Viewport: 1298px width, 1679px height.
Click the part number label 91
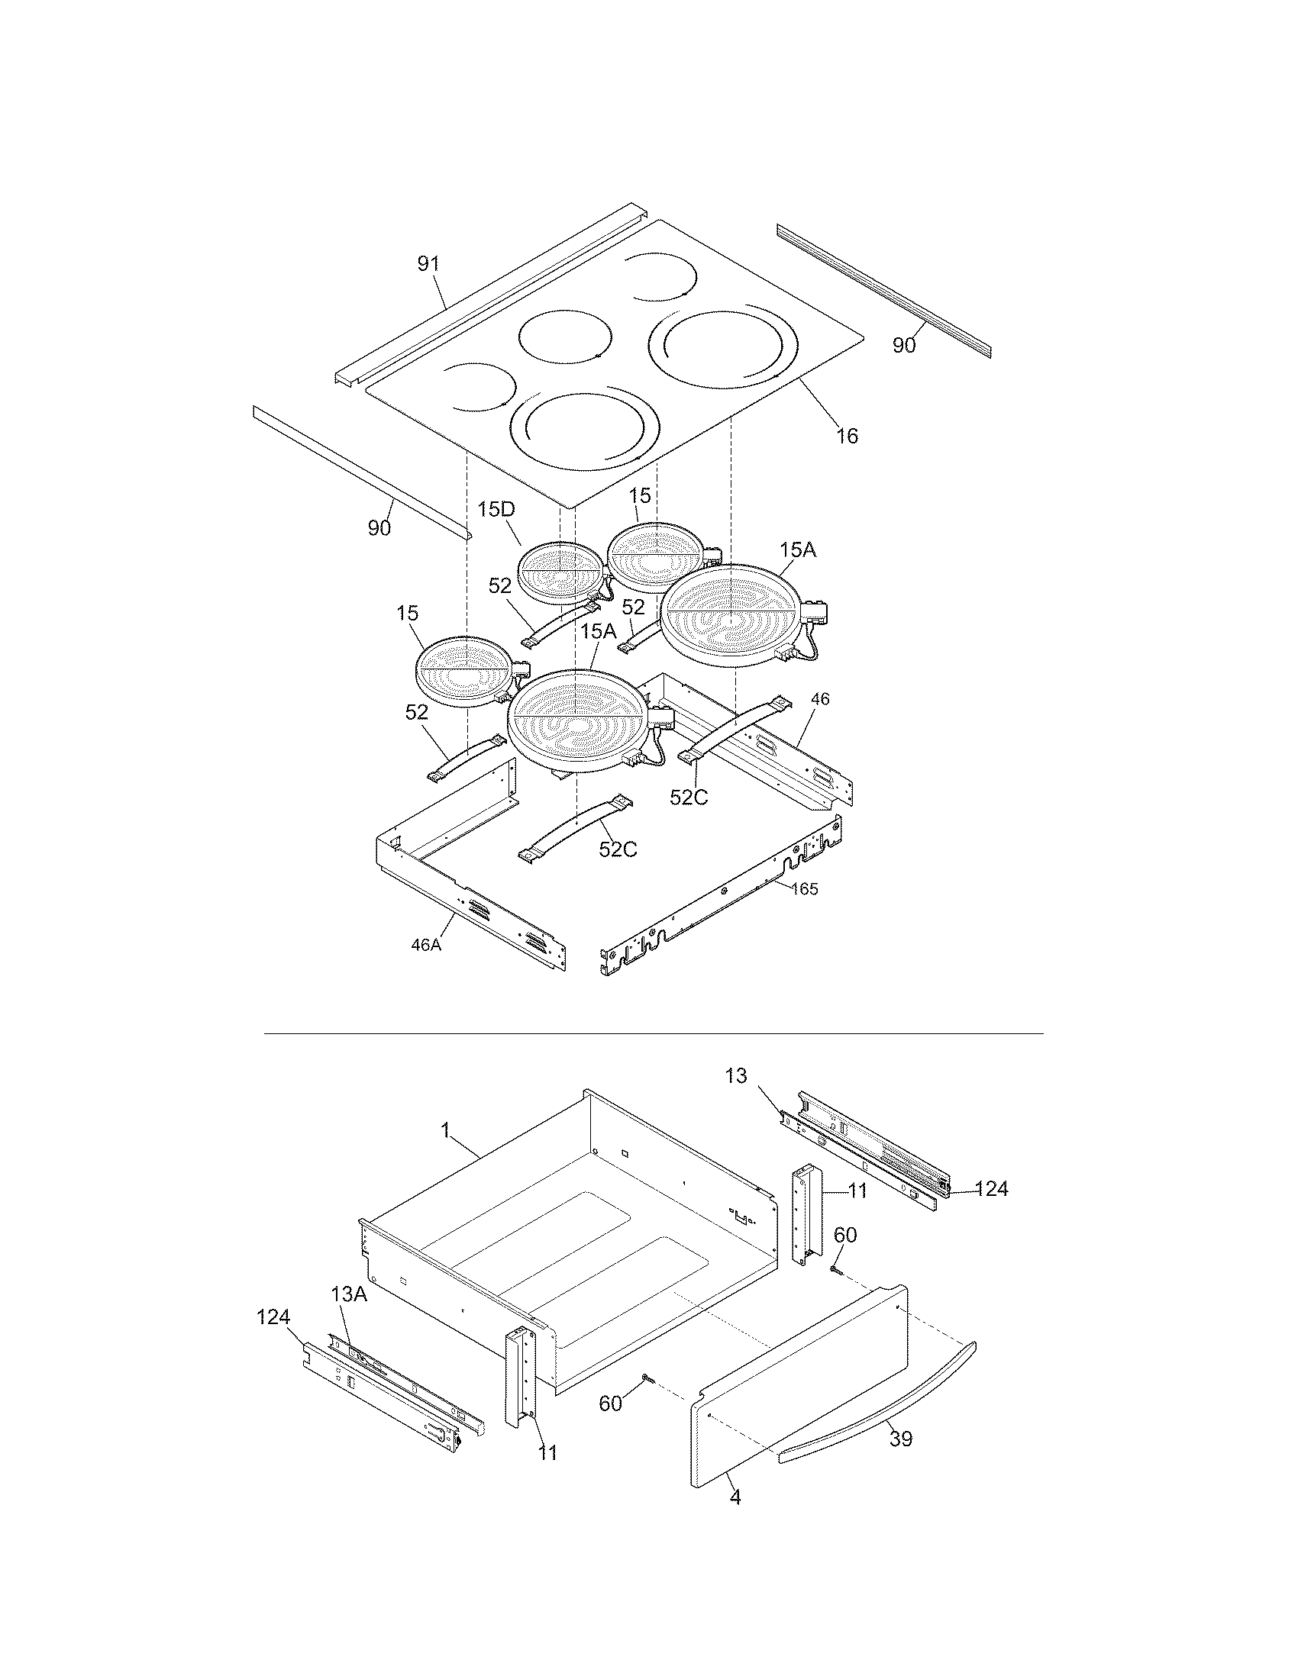point(428,264)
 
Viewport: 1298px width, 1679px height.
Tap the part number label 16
point(847,436)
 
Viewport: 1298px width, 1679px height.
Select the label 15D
point(496,510)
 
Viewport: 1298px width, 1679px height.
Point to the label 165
point(803,888)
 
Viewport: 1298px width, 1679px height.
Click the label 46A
point(425,945)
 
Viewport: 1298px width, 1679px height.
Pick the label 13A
point(349,1294)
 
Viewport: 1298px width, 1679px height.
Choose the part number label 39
point(900,1439)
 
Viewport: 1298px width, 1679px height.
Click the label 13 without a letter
point(736,1076)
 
